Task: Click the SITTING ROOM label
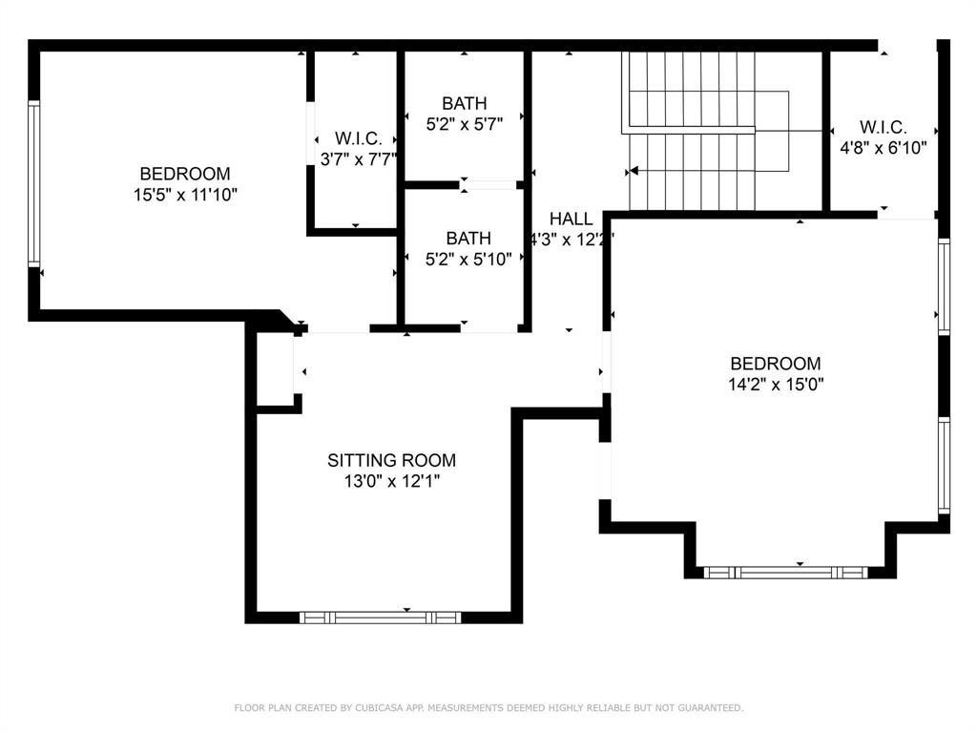[x=391, y=460]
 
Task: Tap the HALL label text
[x=571, y=219]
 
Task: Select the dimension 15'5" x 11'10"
[x=185, y=195]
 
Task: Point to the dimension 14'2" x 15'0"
[x=775, y=385]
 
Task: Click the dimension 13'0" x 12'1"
[x=391, y=482]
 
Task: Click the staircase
[x=706, y=129]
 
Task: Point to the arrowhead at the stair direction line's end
[x=631, y=172]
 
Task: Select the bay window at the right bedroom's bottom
[x=785, y=573]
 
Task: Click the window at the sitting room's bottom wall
[x=380, y=618]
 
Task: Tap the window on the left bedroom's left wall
[x=34, y=183]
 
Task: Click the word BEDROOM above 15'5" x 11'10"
[x=185, y=174]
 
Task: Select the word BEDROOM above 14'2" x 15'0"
[x=775, y=364]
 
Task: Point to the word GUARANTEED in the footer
[x=706, y=708]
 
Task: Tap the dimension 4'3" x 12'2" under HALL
[x=571, y=240]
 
